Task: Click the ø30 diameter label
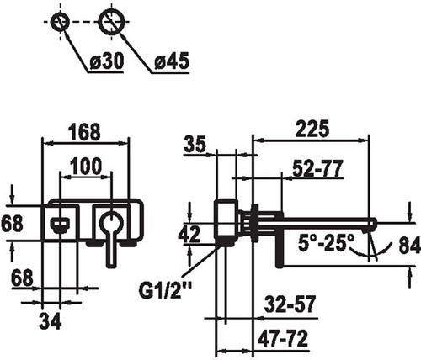point(107,61)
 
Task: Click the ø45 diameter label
point(172,61)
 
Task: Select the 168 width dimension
point(84,132)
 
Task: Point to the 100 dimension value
point(85,166)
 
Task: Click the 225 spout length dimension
point(312,129)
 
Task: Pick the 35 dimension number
point(195,145)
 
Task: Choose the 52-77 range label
point(317,168)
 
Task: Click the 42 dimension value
point(189,234)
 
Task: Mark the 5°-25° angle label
point(327,243)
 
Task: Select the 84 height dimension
point(410,246)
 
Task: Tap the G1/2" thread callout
point(165,291)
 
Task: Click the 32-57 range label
point(290,304)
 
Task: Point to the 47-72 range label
point(283,339)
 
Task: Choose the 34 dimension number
point(51,321)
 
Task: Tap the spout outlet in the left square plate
point(60,225)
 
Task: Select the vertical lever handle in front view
point(111,250)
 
